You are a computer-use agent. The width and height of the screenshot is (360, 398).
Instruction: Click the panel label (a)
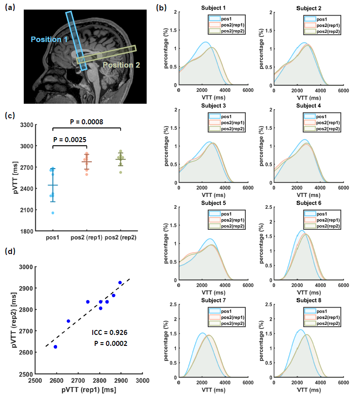coord(10,7)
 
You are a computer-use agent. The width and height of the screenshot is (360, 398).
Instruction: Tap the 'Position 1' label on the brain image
coord(49,40)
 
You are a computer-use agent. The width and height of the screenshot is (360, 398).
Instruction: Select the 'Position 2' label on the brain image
coord(121,65)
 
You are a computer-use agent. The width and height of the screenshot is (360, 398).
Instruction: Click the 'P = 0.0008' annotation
coord(86,122)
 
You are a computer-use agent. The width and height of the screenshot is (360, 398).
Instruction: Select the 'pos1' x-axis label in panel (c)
coord(53,238)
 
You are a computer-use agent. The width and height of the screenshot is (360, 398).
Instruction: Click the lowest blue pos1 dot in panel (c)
coord(53,213)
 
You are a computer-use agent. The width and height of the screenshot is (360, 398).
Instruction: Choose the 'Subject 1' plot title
coord(213,8)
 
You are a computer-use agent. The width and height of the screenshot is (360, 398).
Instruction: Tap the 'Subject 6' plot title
coord(308,203)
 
